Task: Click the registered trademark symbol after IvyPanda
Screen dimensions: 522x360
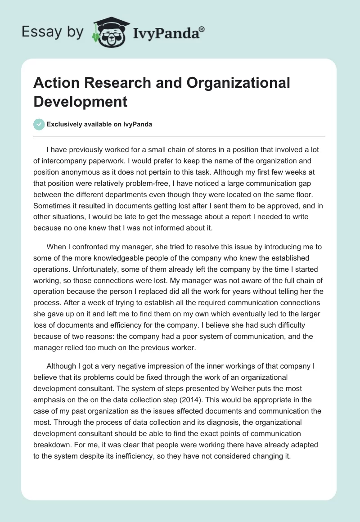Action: tap(202, 29)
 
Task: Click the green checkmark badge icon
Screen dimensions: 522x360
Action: tap(39, 124)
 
